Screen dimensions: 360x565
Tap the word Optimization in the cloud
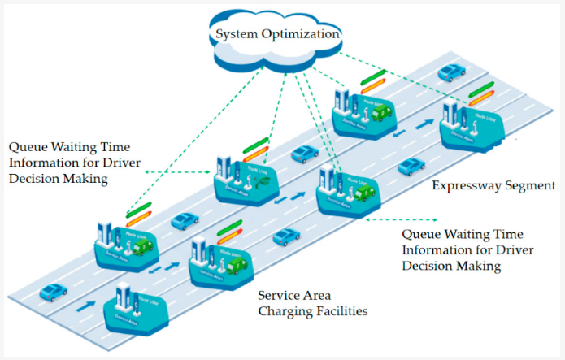[300, 34]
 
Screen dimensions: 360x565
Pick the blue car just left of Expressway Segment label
[411, 167]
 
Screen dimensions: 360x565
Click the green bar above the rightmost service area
[480, 88]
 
